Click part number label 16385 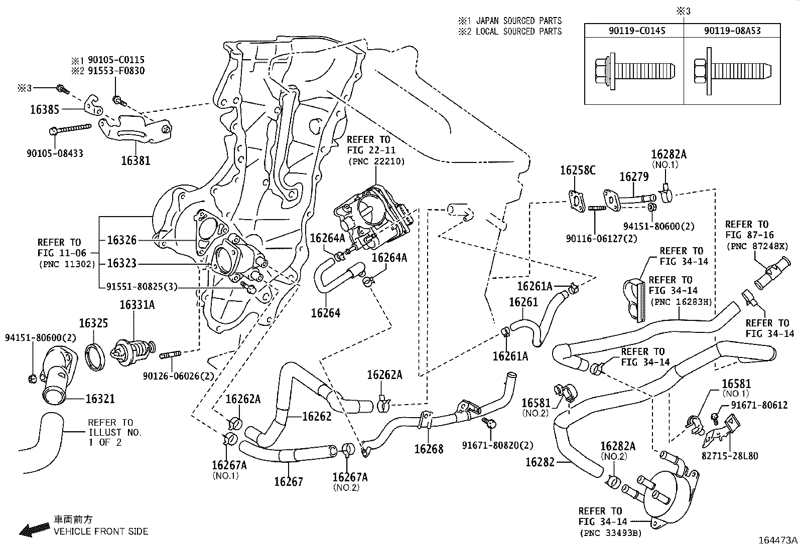[44, 110]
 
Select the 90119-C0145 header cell [633, 31]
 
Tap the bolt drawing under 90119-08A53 [731, 70]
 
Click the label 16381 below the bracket [136, 161]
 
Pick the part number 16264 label [326, 313]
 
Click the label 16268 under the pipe [429, 449]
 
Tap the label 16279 [634, 177]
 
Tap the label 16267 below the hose [289, 482]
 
